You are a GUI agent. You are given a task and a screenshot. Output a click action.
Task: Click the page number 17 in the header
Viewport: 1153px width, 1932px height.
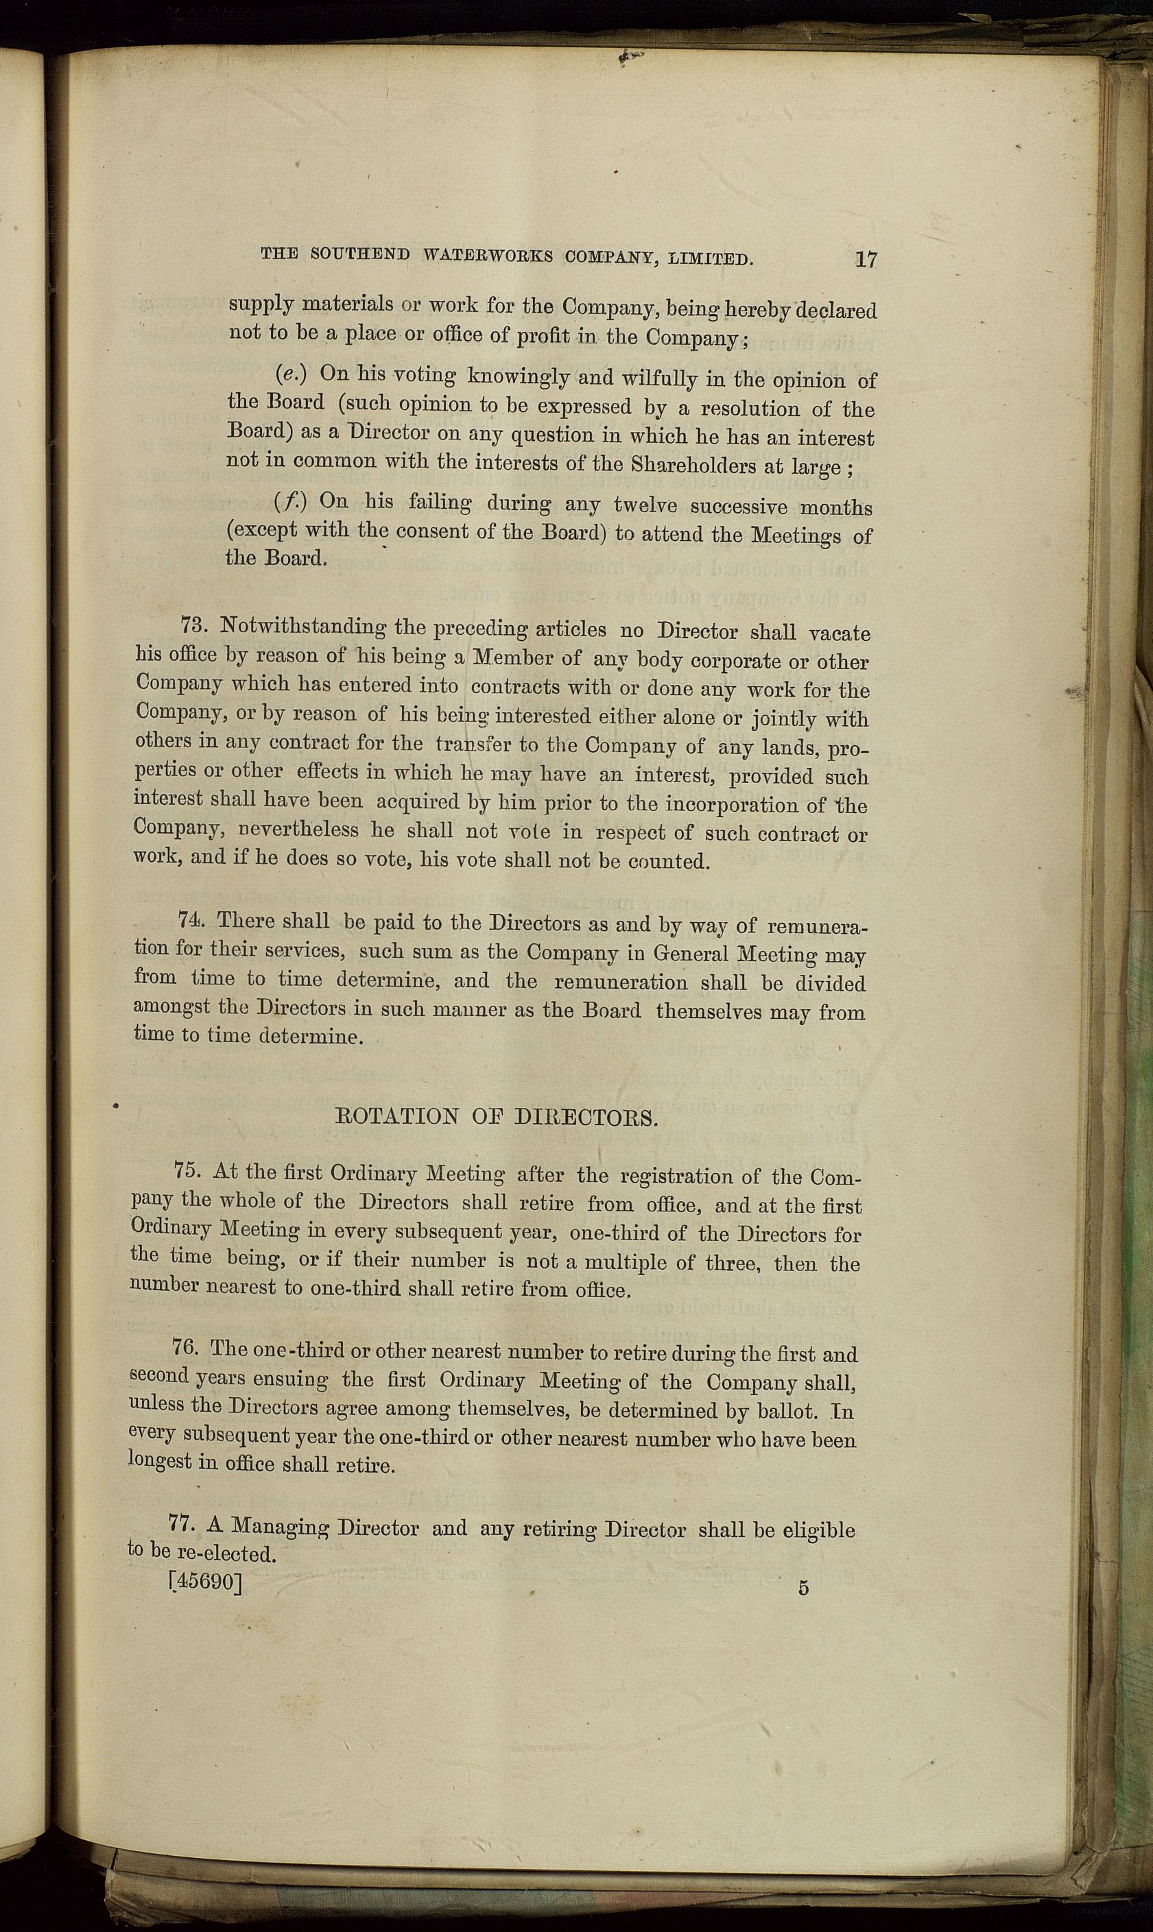pyautogui.click(x=866, y=258)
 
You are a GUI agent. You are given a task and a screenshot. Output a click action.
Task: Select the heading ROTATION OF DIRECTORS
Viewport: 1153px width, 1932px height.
pyautogui.click(x=497, y=1119)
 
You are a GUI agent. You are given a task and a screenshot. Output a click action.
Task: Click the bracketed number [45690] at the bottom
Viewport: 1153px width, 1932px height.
pyautogui.click(x=206, y=1582)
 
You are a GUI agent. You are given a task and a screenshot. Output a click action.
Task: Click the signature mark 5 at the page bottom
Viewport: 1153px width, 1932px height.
pyautogui.click(x=803, y=1589)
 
